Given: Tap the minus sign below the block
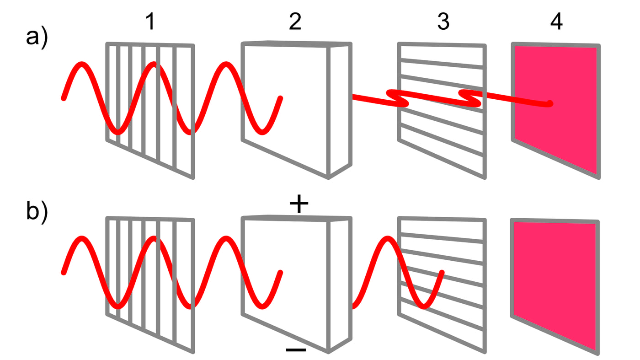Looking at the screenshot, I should [x=296, y=350].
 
